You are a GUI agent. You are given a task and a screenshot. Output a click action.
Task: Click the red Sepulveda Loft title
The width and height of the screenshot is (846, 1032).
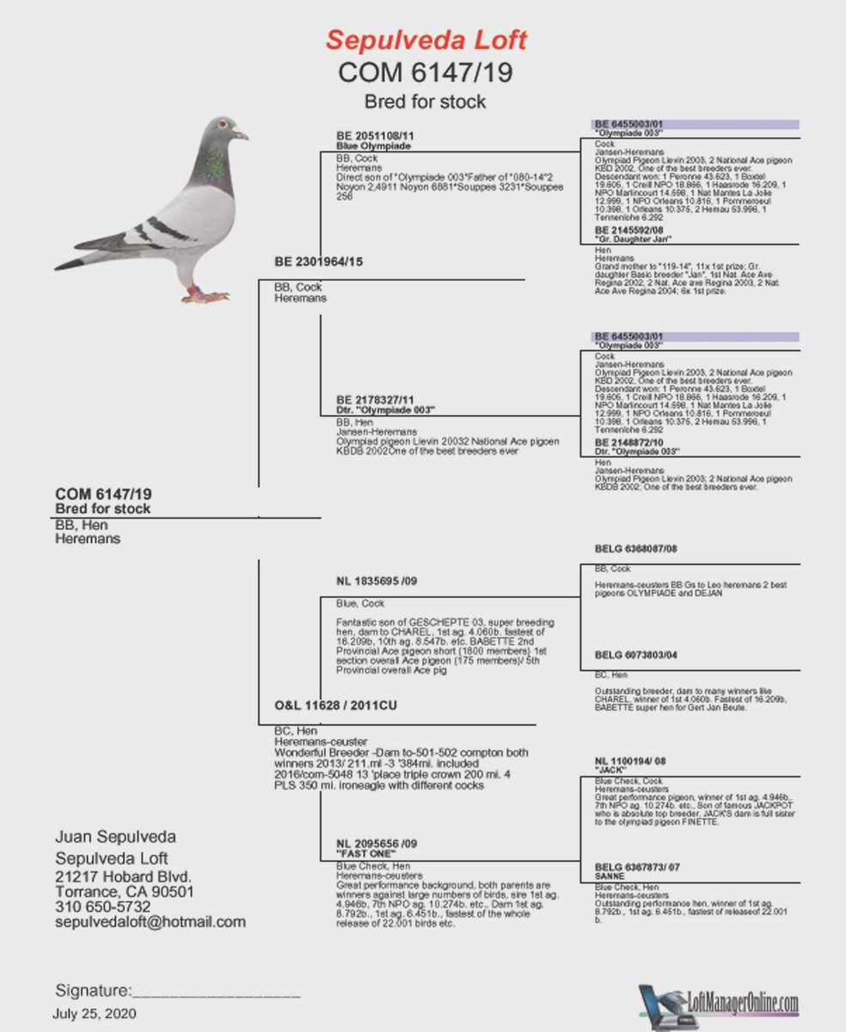point(426,40)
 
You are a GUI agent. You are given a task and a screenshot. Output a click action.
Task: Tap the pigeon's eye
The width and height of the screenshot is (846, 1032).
point(223,126)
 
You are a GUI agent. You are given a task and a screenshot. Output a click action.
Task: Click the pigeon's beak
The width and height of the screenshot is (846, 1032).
point(242,134)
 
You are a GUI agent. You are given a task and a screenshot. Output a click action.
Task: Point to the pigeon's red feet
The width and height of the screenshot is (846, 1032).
point(205,295)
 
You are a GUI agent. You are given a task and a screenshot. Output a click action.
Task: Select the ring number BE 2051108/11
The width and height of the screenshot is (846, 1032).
point(375,137)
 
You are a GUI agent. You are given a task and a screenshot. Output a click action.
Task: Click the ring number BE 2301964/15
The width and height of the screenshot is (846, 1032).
point(318,261)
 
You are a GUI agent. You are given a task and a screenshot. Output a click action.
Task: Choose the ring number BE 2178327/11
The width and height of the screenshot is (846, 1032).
point(375,400)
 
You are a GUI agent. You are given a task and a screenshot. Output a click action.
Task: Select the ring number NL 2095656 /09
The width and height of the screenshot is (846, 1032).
point(377,844)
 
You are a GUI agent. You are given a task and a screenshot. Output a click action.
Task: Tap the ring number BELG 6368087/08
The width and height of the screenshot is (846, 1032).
point(636,548)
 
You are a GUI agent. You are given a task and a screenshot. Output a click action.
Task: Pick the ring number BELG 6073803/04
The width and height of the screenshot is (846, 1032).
point(636,655)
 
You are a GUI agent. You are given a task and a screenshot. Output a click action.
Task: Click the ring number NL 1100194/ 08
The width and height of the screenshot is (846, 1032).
point(630,761)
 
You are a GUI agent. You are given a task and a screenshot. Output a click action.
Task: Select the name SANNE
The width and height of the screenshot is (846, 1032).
point(610,875)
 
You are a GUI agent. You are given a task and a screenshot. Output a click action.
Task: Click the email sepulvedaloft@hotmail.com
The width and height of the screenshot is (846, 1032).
point(150,922)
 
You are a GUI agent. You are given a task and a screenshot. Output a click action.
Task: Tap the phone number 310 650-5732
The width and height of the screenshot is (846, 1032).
point(103,906)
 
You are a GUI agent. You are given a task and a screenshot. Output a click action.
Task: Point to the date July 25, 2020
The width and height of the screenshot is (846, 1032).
point(95,1014)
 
